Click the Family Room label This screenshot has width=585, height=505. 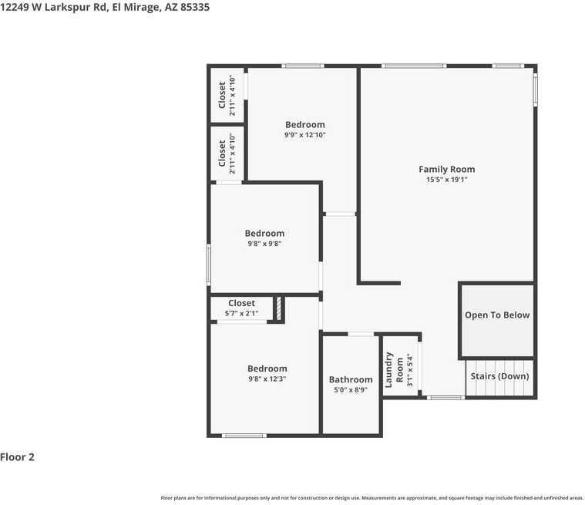coord(446,169)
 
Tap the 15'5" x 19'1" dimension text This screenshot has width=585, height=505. coord(446,180)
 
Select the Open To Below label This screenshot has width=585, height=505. coord(497,315)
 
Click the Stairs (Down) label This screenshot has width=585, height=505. coord(499,376)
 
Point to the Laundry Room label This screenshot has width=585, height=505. coord(394,369)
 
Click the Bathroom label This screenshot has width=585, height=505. coord(351,379)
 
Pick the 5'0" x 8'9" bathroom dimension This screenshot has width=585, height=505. coord(351,390)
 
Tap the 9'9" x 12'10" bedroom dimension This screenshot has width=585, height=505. coord(304,136)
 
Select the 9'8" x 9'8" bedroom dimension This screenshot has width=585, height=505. coord(264,244)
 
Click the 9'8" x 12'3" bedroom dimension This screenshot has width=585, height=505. coord(267,379)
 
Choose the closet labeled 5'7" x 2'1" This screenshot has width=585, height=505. coord(241,308)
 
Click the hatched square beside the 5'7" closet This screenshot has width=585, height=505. coord(280,308)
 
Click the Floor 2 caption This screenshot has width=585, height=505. coord(18,457)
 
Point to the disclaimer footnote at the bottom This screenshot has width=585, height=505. coord(372,498)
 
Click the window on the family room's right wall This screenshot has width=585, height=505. coord(534,89)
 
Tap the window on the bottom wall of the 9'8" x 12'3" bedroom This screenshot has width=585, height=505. coord(244,436)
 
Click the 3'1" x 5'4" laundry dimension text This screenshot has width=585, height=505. coord(410,369)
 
